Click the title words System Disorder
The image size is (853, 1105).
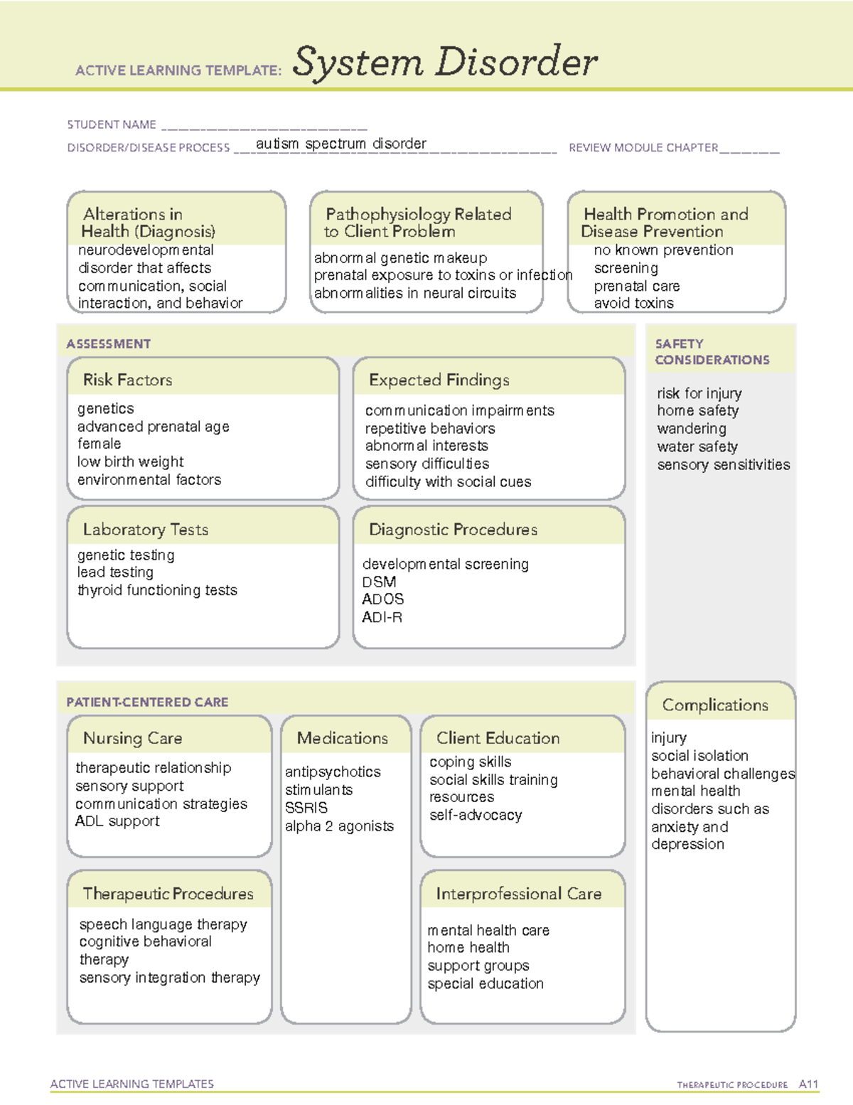pos(444,63)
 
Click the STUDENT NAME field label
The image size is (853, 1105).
pos(112,125)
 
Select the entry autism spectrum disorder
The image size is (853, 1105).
pos(340,144)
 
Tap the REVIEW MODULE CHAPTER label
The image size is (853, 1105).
pos(643,148)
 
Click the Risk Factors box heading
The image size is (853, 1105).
pos(127,380)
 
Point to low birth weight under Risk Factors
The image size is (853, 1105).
pos(130,461)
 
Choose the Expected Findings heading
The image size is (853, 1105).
pos(439,380)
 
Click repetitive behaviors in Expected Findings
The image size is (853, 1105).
pos(429,429)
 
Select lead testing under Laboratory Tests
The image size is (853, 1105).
pos(115,572)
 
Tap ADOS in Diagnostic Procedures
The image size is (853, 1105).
pos(382,599)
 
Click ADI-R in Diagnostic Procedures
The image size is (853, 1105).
pos(382,617)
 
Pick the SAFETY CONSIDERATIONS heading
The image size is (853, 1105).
pos(712,352)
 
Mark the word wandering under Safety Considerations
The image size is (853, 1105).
pos(692,429)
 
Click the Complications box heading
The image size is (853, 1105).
pos(715,705)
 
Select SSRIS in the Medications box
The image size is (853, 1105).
pos(306,808)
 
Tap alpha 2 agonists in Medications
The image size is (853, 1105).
pos(339,826)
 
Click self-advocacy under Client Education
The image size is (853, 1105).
pos(476,816)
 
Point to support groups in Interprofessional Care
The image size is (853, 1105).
pos(478,966)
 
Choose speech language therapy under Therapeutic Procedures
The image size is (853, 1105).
pos(163,924)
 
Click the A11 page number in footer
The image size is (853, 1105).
pos(808,1084)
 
